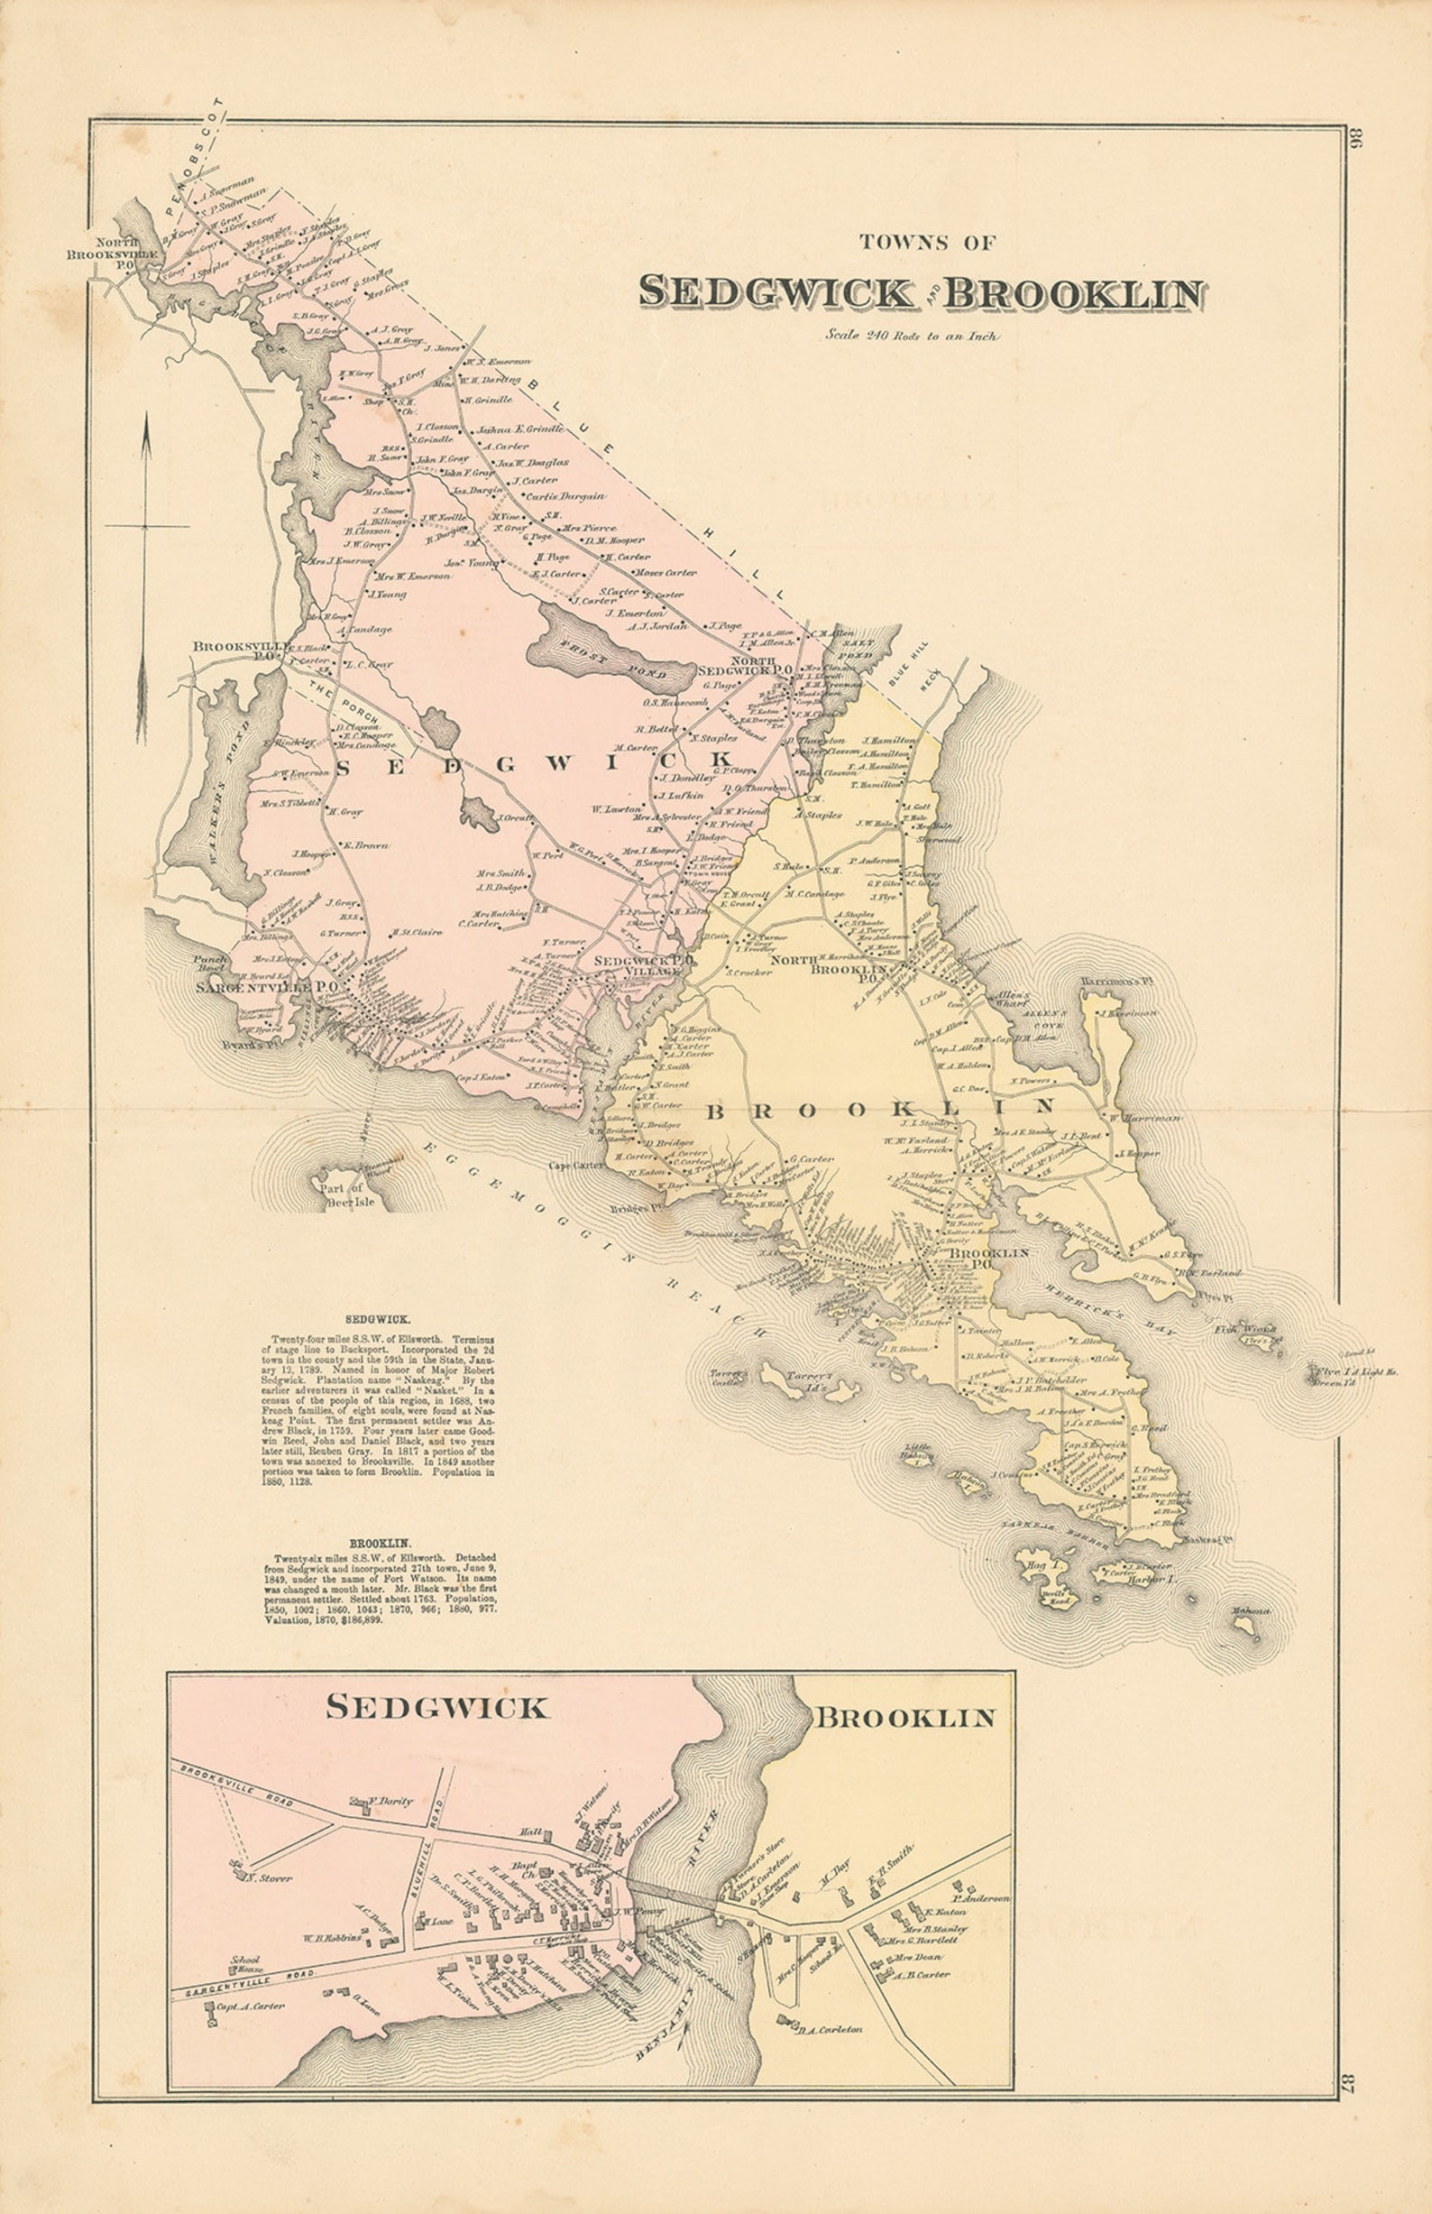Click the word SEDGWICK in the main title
pyautogui.click(x=776, y=292)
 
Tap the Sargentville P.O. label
pyautogui.click(x=265, y=987)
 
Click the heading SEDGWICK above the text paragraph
pyautogui.click(x=372, y=1319)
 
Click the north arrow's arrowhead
pyautogui.click(x=146, y=436)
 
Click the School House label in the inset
pyautogui.click(x=246, y=1964)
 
